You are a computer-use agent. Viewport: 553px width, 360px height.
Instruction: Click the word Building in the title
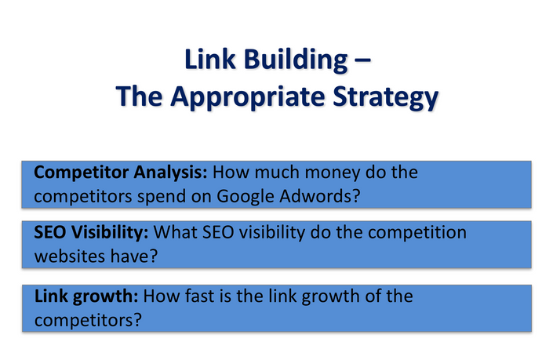pos(296,60)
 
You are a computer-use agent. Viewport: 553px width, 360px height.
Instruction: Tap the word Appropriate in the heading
pos(248,97)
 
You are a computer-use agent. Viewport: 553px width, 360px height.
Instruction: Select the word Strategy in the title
pos(385,98)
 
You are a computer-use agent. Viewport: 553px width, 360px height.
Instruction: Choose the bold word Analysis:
pos(171,173)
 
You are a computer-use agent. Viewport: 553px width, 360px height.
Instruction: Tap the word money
pos(333,173)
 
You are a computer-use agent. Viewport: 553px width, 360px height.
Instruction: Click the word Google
pos(245,196)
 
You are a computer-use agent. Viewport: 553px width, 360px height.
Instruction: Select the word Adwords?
pos(319,196)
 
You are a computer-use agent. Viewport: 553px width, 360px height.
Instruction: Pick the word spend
pos(161,197)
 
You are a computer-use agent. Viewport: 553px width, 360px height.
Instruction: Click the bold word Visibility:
pos(109,233)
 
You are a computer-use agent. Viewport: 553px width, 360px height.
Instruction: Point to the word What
pos(175,232)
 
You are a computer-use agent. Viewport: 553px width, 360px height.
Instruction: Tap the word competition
pos(417,233)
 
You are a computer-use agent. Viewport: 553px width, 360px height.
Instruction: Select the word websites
pos(70,256)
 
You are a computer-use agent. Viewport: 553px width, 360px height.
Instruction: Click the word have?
pos(134,256)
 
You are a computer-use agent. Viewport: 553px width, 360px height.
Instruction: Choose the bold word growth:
pos(105,297)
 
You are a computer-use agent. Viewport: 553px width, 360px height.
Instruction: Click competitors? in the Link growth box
pos(88,321)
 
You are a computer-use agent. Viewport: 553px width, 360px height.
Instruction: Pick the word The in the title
pos(139,96)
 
